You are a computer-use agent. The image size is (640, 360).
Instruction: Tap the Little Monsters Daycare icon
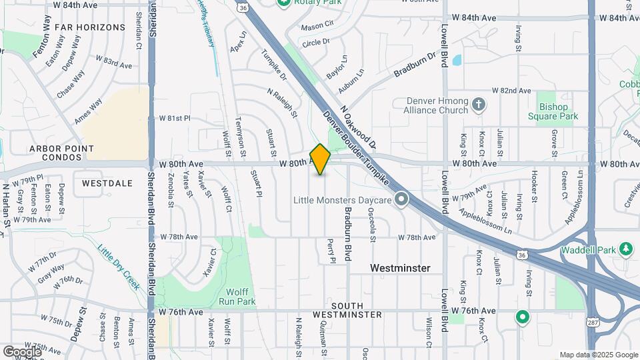pyautogui.click(x=401, y=199)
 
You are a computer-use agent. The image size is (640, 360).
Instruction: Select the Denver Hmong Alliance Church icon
pyautogui.click(x=478, y=105)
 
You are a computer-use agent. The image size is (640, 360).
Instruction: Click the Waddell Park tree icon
pyautogui.click(x=625, y=249)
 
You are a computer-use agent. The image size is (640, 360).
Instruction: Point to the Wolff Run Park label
pyautogui.click(x=237, y=297)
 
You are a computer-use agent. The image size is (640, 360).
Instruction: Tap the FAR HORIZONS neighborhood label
pyautogui.click(x=90, y=27)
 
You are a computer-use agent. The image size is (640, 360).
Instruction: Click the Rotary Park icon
pyautogui.click(x=284, y=3)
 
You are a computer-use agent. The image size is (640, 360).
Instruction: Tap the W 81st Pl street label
pyautogui.click(x=175, y=119)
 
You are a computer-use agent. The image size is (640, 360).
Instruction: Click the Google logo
pyautogui.click(x=22, y=351)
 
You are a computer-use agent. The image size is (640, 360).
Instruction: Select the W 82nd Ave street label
pyautogui.click(x=511, y=91)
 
